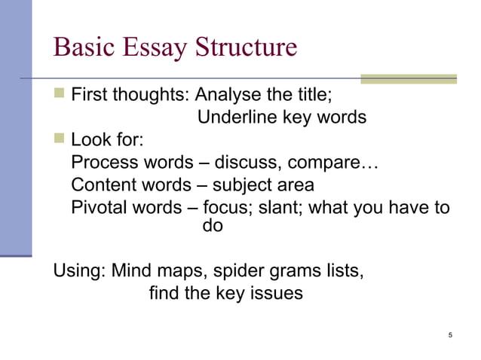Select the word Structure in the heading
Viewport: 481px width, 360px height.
245,47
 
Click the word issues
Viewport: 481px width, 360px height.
274,292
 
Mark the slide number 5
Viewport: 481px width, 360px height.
450,335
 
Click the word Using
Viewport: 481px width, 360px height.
78,270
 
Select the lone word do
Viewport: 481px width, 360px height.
213,224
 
